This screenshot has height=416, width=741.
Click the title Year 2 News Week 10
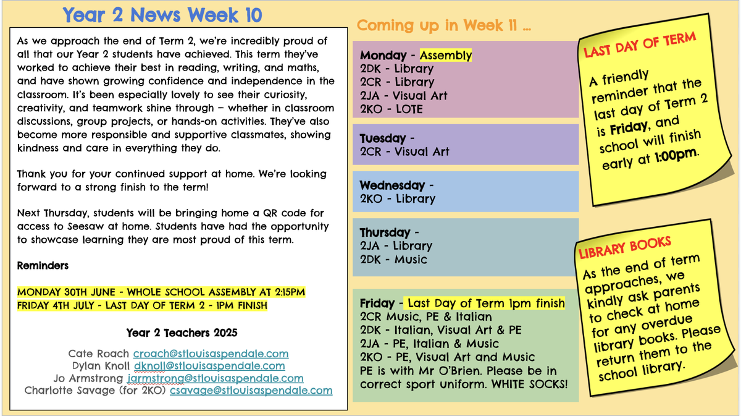(x=162, y=15)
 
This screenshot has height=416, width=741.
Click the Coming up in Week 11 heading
(x=443, y=25)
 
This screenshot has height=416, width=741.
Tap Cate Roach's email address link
(x=211, y=354)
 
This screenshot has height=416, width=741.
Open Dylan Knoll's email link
(x=209, y=366)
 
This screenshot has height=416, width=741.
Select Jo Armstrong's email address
(x=215, y=378)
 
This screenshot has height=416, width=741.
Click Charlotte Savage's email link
(x=251, y=390)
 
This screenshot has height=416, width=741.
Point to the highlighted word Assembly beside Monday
(x=446, y=55)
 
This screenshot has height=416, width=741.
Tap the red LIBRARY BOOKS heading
(x=624, y=247)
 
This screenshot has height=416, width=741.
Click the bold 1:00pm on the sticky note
(x=676, y=155)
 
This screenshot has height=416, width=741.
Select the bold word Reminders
(x=43, y=266)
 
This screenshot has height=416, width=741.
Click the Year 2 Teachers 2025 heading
(x=182, y=333)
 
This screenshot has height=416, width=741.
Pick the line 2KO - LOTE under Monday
(x=391, y=109)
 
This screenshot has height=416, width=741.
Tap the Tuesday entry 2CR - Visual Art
(x=404, y=151)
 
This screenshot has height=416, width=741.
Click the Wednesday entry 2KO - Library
(x=398, y=198)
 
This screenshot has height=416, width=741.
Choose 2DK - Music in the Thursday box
(x=393, y=260)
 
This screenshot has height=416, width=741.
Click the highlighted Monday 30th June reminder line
(x=161, y=292)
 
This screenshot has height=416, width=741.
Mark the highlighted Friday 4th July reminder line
(x=142, y=305)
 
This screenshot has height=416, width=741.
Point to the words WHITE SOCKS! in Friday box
(x=529, y=384)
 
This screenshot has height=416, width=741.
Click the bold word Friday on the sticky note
(x=629, y=129)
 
